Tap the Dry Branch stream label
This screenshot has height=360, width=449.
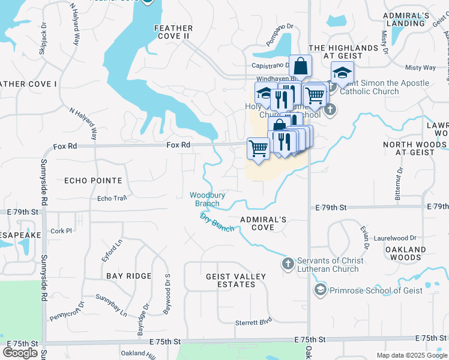click(217, 222)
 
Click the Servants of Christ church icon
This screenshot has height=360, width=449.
click(288, 263)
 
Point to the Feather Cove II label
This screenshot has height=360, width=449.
click(173, 32)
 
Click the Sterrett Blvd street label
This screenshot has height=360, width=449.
click(250, 322)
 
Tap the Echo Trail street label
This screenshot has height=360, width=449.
click(112, 199)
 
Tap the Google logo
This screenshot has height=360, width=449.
click(20, 353)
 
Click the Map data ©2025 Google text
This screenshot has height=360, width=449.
click(411, 355)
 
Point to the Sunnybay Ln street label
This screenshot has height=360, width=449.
click(112, 305)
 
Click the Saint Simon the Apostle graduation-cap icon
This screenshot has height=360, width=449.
click(342, 73)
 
